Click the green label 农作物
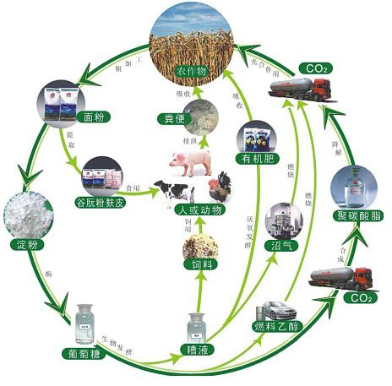192,71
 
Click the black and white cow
172,189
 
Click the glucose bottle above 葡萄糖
86,323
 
